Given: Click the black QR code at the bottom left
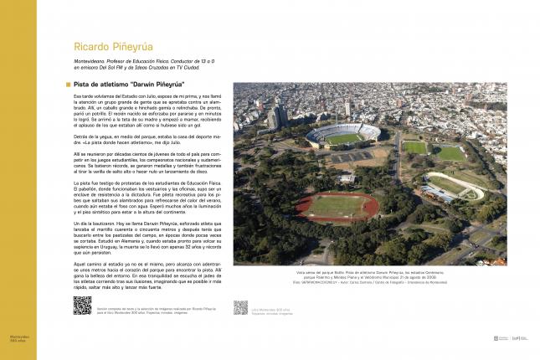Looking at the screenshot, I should tap(82, 306).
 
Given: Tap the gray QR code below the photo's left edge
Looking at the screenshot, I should tap(241, 307).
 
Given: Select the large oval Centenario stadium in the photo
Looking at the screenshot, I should tap(342, 135).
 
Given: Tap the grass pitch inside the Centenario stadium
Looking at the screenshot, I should tap(342, 136).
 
